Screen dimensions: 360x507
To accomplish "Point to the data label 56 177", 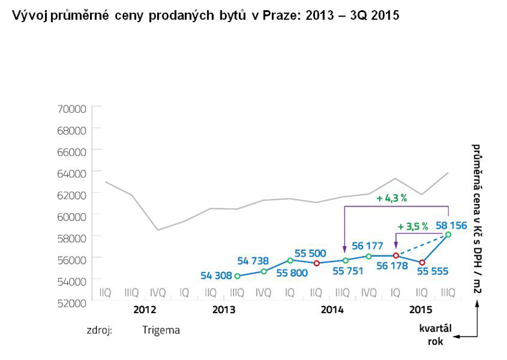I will click(x=368, y=245).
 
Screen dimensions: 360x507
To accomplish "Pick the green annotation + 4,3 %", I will click(x=390, y=198).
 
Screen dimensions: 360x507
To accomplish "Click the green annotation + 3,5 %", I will click(x=413, y=226).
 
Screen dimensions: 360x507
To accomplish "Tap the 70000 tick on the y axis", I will click(x=71, y=108).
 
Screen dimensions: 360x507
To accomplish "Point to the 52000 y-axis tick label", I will click(x=71, y=302).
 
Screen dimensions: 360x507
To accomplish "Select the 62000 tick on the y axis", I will click(x=71, y=195).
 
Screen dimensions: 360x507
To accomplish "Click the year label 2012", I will click(x=144, y=310).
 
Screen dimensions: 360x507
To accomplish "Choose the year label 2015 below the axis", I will click(x=421, y=310).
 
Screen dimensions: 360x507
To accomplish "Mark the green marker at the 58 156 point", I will click(x=448, y=235).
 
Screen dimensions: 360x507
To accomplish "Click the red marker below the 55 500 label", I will click(x=316, y=263).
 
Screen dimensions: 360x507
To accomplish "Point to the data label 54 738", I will click(x=253, y=260).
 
